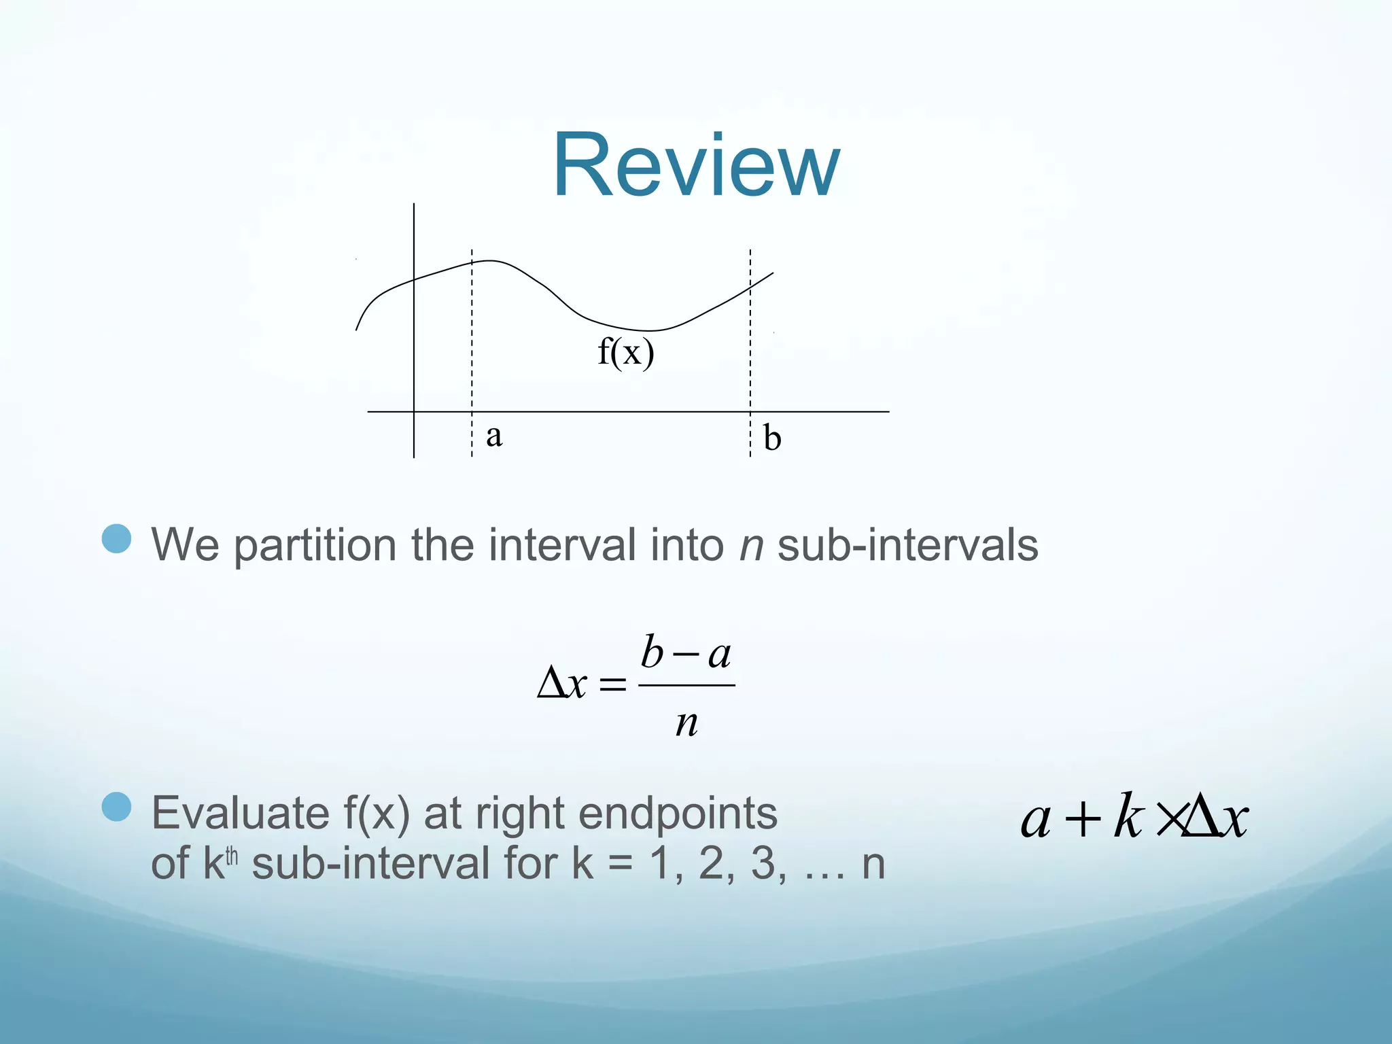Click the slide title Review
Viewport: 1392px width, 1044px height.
coord(696,165)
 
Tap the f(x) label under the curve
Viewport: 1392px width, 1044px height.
coord(625,352)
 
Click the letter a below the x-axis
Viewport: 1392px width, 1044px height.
coord(494,436)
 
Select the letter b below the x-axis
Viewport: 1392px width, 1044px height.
coord(771,438)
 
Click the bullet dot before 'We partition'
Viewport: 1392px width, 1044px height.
coord(116,538)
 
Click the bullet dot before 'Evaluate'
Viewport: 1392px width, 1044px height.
coord(116,807)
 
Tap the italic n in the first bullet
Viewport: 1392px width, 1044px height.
coord(751,545)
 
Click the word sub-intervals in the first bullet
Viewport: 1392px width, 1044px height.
coord(907,545)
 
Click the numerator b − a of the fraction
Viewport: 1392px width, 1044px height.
coord(685,653)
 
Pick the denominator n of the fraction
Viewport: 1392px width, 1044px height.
coord(686,723)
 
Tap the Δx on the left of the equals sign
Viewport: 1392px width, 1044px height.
coord(561,684)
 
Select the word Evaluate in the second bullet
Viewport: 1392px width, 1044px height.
coord(240,813)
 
